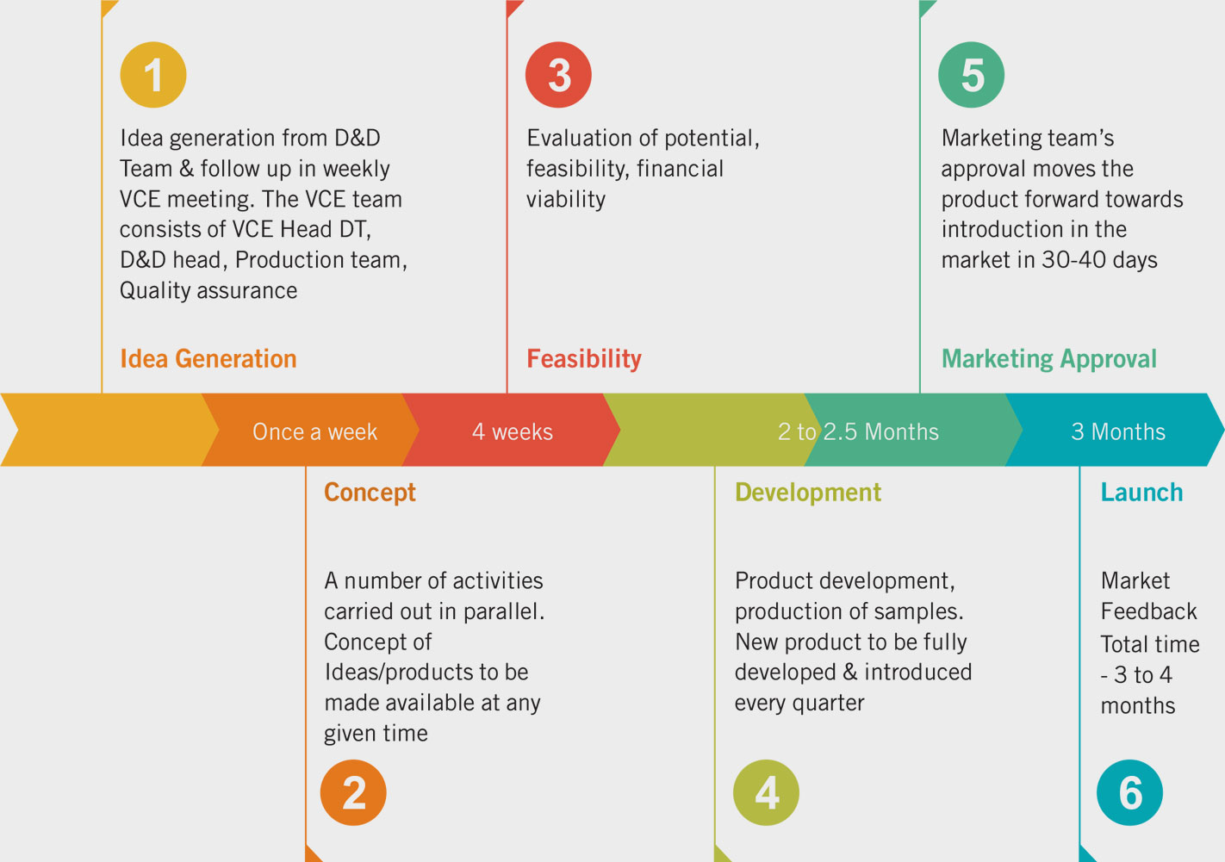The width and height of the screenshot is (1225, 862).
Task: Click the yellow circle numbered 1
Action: [153, 74]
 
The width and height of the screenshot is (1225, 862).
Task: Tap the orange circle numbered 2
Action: [353, 792]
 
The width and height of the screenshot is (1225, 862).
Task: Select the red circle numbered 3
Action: [558, 74]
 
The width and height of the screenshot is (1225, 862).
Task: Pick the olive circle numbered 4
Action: [766, 792]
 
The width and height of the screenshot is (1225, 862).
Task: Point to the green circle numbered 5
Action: [971, 74]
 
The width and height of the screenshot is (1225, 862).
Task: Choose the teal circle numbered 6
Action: [1130, 792]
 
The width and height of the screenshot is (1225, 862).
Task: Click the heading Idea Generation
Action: [208, 358]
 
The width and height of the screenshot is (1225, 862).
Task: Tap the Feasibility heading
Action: [584, 359]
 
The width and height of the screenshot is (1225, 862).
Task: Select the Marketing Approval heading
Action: [1049, 359]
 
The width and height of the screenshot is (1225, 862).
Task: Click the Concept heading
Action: [370, 493]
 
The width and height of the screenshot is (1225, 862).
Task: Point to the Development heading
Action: [808, 493]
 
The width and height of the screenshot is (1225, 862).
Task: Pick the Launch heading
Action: [1142, 492]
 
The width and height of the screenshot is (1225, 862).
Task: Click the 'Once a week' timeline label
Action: [315, 431]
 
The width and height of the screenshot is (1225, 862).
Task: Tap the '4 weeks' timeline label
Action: [513, 431]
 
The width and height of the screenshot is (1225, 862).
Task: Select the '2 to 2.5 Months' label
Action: [858, 431]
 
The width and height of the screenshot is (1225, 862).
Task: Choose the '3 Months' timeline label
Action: [1118, 431]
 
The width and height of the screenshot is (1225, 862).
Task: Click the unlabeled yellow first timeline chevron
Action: [109, 430]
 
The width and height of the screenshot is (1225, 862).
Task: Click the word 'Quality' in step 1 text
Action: [155, 291]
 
